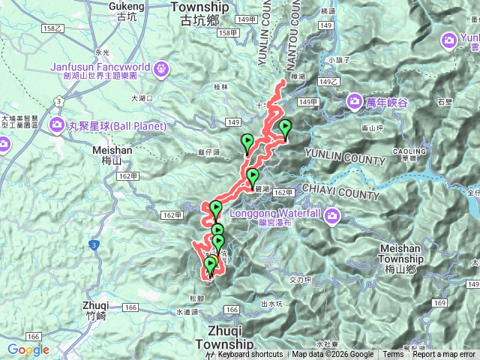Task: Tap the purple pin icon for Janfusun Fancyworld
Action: (x=160, y=70)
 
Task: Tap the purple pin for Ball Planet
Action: (x=57, y=124)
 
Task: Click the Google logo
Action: (x=28, y=349)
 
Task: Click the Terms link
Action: (x=393, y=355)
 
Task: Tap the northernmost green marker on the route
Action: (x=285, y=127)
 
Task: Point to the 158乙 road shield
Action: (x=53, y=28)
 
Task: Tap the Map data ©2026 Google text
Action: (x=333, y=355)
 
